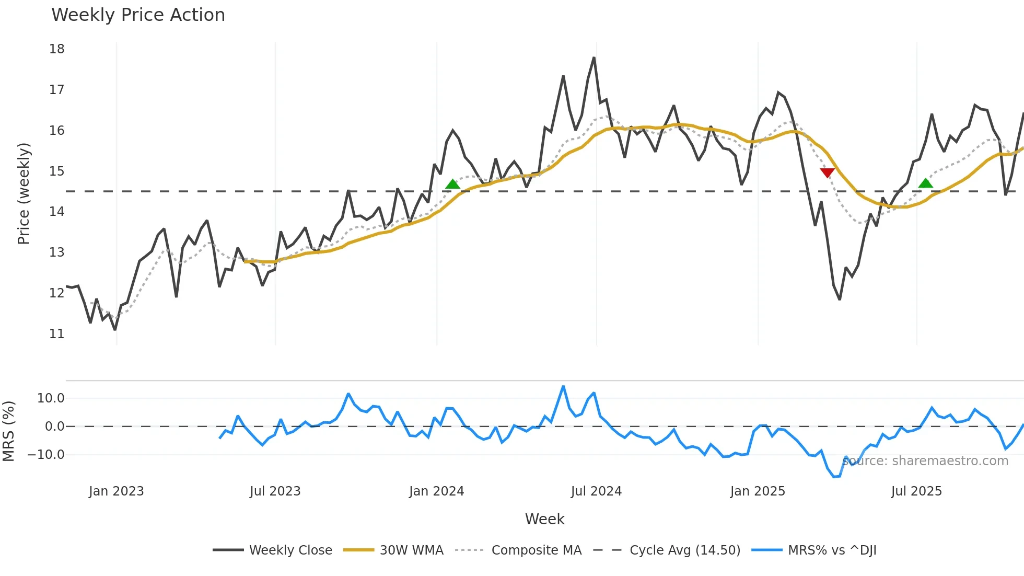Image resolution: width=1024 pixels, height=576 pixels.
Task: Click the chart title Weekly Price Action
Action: coord(138,15)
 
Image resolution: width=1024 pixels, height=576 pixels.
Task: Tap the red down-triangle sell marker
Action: coord(827,173)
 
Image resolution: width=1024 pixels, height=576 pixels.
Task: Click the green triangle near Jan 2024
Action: coord(452,184)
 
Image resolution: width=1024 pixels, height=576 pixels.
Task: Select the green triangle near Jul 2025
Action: coord(925,183)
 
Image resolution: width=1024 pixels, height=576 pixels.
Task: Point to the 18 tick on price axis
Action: coord(57,49)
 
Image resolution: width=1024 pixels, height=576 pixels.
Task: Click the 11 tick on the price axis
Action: coord(57,333)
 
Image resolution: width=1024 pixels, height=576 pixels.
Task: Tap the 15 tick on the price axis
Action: coord(57,171)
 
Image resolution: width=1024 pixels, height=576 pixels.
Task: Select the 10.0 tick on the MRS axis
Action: coord(51,398)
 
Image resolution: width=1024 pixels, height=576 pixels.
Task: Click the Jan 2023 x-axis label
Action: coord(116,491)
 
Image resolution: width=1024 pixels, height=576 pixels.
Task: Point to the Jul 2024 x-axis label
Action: coord(596,491)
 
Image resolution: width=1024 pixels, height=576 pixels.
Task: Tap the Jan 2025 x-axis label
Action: coord(758,491)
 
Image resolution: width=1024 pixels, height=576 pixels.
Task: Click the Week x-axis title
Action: coord(544,519)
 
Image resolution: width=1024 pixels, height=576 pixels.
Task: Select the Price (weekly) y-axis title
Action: coord(24,193)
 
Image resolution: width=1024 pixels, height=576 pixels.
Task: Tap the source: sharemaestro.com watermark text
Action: coord(925,461)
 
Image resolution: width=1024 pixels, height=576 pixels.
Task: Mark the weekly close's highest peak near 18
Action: coord(594,58)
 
